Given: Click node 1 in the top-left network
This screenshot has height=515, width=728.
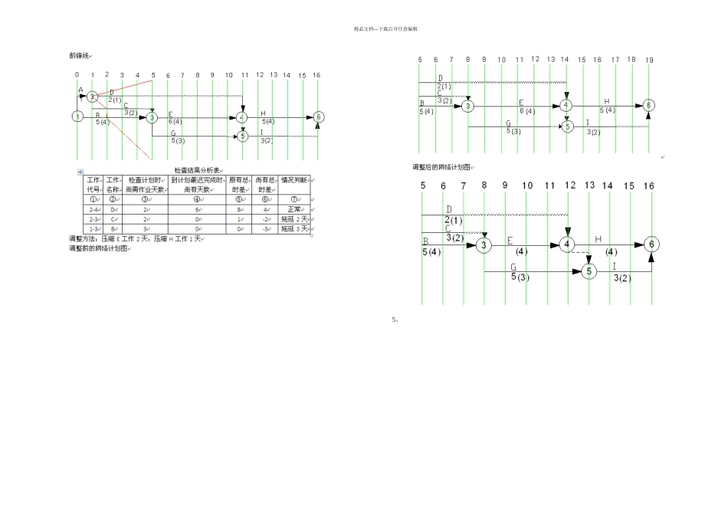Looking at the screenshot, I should pyautogui.click(x=77, y=116).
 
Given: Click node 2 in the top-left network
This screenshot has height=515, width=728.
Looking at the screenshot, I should pyautogui.click(x=92, y=97).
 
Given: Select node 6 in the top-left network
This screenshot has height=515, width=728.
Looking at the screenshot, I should pyautogui.click(x=319, y=116).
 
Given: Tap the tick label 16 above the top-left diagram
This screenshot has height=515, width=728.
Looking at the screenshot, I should pyautogui.click(x=317, y=75).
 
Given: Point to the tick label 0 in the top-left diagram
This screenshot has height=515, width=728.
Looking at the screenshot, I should pyautogui.click(x=77, y=75).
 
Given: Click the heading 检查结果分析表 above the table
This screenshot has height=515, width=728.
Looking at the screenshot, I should pyautogui.click(x=197, y=170).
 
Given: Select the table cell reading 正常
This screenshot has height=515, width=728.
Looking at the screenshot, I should pyautogui.click(x=295, y=208).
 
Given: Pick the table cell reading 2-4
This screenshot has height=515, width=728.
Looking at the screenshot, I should pyautogui.click(x=93, y=208).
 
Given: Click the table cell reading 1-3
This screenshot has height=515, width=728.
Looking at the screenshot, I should pyautogui.click(x=93, y=228).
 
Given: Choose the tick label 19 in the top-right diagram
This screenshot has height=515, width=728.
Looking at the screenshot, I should pyautogui.click(x=649, y=60).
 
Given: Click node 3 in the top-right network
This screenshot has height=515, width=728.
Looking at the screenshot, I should pyautogui.click(x=467, y=106).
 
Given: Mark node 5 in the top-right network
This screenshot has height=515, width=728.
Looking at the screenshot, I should pyautogui.click(x=567, y=126).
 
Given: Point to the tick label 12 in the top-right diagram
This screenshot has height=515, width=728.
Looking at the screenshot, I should pyautogui.click(x=536, y=59).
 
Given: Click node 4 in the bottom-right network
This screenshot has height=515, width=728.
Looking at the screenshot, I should pyautogui.click(x=567, y=244).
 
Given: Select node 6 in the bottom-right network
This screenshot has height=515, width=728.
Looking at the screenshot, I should pyautogui.click(x=651, y=244).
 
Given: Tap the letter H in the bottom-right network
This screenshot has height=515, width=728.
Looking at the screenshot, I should pyautogui.click(x=598, y=239).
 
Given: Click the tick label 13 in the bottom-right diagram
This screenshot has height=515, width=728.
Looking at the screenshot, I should pyautogui.click(x=589, y=185).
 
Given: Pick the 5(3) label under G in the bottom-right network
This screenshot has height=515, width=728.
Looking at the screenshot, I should pyautogui.click(x=520, y=277).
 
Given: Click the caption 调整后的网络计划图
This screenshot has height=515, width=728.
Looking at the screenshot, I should pyautogui.click(x=442, y=166).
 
